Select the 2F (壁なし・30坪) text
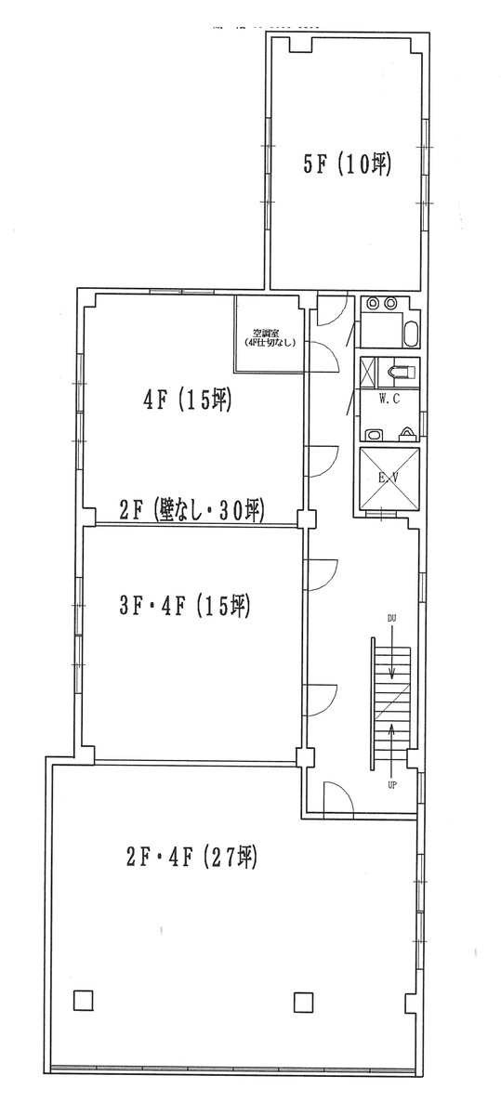[193, 509]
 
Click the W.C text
[389, 399]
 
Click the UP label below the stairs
[392, 785]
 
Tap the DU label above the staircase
[392, 618]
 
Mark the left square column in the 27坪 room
[82, 1001]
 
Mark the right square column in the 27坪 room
[303, 1002]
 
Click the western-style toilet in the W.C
[401, 371]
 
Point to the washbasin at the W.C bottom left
[373, 434]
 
